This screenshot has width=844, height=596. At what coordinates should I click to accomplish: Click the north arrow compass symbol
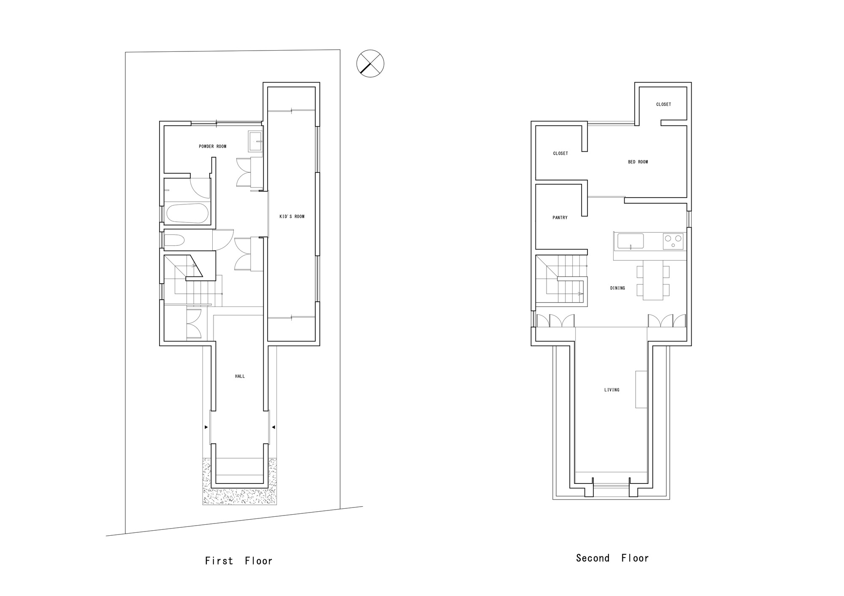tap(370, 64)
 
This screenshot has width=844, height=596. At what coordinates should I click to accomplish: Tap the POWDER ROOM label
tap(213, 147)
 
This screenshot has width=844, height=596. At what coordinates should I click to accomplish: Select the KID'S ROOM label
tap(292, 217)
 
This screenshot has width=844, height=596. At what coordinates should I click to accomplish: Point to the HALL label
tap(240, 376)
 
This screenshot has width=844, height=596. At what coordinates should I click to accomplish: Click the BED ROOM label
tap(638, 162)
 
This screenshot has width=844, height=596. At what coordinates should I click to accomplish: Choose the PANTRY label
tap(560, 218)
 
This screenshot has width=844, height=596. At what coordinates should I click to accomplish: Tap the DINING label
tap(617, 288)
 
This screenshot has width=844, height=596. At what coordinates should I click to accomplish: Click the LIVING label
tap(611, 390)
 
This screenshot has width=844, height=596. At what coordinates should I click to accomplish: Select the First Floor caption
tap(239, 561)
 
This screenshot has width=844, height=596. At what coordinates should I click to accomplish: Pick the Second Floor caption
tap(612, 558)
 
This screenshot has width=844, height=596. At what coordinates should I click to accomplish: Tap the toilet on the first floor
tap(174, 241)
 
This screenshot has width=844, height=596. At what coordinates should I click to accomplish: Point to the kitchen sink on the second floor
tap(630, 242)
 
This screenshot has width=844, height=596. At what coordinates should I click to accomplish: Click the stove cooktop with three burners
tap(673, 242)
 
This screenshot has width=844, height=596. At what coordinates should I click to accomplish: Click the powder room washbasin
tap(255, 141)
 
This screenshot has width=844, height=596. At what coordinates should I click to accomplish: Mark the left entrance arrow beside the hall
tap(206, 427)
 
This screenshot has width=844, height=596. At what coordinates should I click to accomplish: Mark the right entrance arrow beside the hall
tap(273, 427)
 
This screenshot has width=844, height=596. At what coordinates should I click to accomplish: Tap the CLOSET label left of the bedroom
tap(560, 153)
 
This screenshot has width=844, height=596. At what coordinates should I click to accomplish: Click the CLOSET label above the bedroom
tap(663, 105)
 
